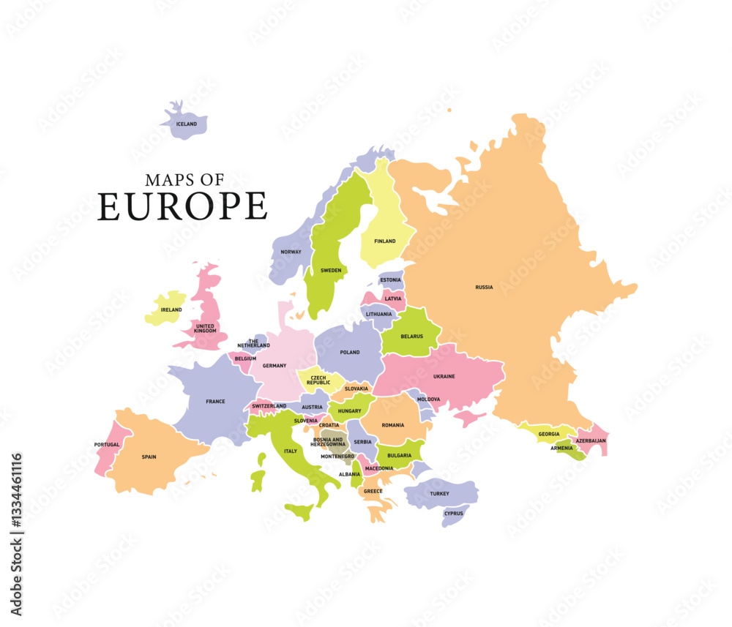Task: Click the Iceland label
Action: [x=187, y=124]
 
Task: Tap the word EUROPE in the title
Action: [x=182, y=206]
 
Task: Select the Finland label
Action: [x=384, y=241]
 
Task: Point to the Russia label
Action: [x=484, y=288]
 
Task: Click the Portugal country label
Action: [x=107, y=445]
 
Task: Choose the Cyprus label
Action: [x=453, y=514]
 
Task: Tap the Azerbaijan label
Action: [x=590, y=441]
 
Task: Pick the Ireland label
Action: [x=171, y=309]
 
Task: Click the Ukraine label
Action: [x=444, y=376]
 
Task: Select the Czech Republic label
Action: [x=318, y=380]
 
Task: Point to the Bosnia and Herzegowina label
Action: [x=327, y=442]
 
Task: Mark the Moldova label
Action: [x=428, y=399]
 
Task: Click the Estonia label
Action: [x=390, y=280]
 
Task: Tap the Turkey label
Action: [x=439, y=494]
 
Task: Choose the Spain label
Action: [x=149, y=457]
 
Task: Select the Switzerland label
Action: [x=269, y=406]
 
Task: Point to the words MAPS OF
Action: [x=184, y=180]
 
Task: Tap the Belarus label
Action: [x=411, y=337]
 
